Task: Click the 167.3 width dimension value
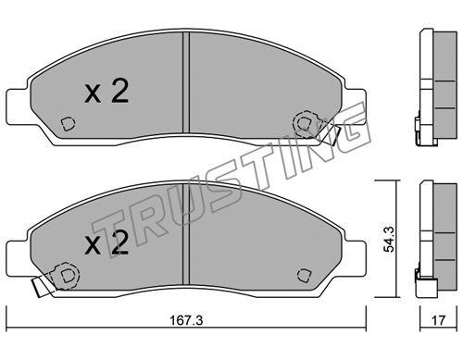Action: point(186,320)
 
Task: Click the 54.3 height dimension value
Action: point(388,240)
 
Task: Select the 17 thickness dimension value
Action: point(438,320)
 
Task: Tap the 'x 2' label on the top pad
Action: point(106,91)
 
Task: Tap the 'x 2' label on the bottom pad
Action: point(106,243)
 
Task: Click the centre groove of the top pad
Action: point(186,82)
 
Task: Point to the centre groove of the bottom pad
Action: point(186,234)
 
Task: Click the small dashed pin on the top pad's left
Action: point(68,124)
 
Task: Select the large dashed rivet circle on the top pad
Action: point(306,124)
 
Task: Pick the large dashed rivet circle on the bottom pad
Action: point(66,276)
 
